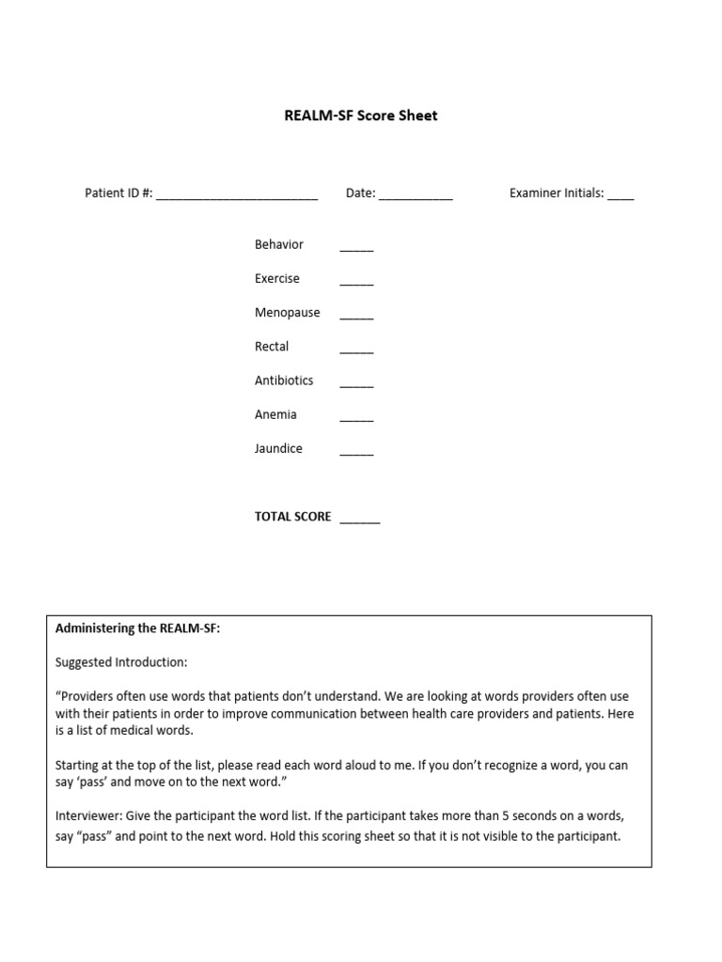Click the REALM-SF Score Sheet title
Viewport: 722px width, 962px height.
click(x=361, y=116)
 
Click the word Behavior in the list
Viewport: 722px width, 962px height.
click(x=279, y=244)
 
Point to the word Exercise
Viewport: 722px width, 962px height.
click(x=277, y=279)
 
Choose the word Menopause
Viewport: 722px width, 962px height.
click(x=287, y=313)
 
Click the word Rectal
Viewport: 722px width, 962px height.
click(x=272, y=347)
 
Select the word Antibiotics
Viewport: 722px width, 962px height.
click(x=284, y=380)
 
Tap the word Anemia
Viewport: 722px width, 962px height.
click(x=275, y=414)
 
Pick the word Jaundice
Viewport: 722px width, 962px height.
click(x=278, y=448)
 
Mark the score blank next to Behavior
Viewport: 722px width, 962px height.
click(x=356, y=249)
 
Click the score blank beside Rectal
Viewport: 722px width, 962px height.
click(x=356, y=351)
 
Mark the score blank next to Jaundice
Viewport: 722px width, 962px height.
click(x=356, y=453)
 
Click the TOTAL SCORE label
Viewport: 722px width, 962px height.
click(x=292, y=517)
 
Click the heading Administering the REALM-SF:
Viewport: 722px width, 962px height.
click(x=137, y=628)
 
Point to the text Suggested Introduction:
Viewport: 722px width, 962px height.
click(x=121, y=662)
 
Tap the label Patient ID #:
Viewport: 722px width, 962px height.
click(x=118, y=194)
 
